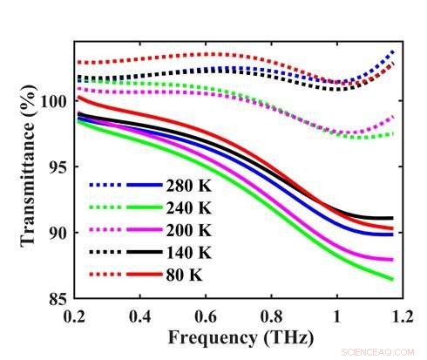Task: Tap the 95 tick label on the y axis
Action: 56,167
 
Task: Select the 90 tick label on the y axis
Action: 56,233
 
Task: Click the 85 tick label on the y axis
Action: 56,298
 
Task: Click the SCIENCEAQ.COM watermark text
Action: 383,350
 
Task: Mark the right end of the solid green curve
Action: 392,279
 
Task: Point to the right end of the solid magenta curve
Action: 392,260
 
